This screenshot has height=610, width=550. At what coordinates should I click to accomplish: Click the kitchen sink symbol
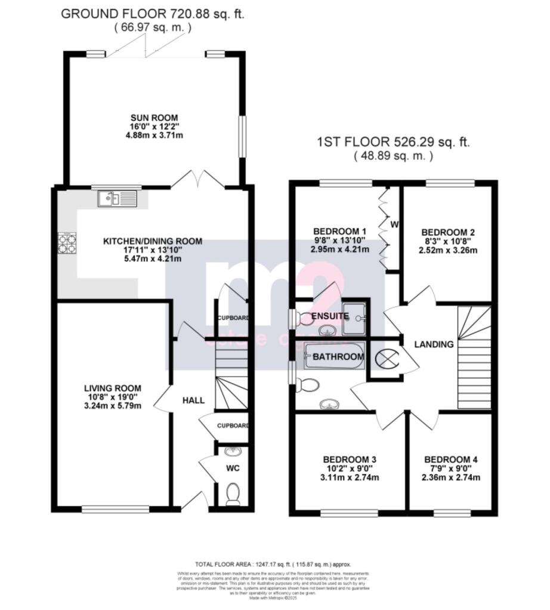118,198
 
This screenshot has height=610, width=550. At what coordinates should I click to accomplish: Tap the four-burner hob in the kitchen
66,242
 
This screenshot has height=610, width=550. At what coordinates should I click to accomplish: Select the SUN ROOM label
155,117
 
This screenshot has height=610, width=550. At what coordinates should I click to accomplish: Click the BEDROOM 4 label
450,459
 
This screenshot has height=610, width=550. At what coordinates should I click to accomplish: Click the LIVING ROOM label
113,388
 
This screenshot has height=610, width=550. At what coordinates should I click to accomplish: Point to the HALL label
193,400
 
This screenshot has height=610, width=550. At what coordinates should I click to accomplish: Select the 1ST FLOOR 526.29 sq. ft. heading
393,142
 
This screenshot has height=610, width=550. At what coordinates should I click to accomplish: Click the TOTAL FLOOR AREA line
274,564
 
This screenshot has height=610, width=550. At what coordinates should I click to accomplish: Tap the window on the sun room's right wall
242,136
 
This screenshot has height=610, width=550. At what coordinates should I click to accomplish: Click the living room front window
115,509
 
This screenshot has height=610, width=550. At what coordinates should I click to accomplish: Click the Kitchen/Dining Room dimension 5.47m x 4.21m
152,259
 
